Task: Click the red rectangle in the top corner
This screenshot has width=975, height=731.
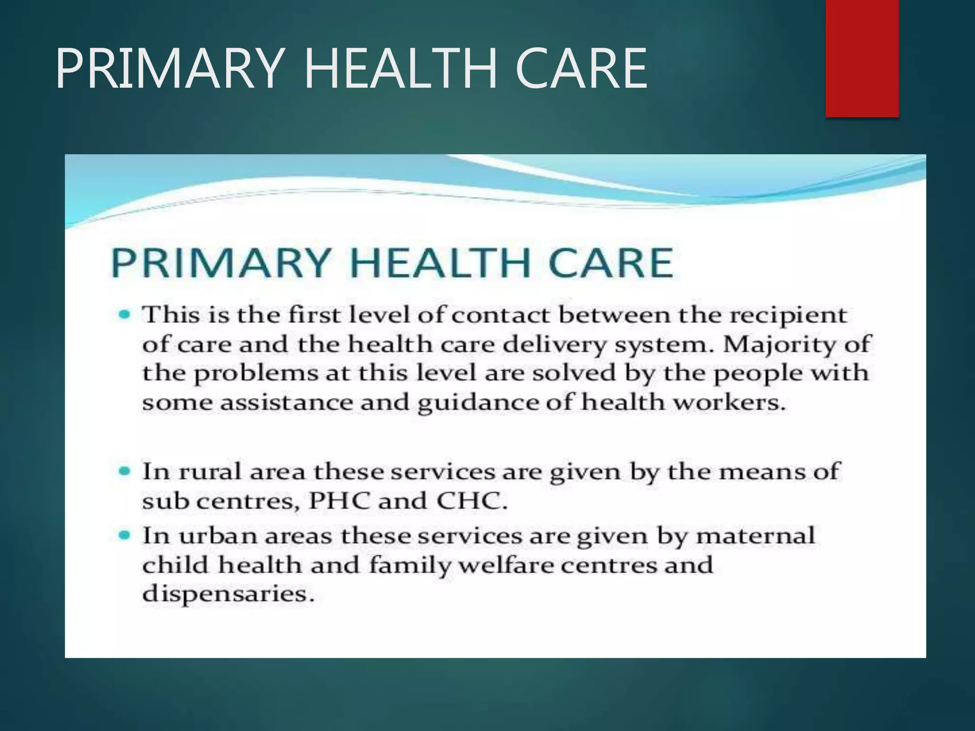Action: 862,58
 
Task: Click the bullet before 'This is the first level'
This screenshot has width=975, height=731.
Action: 124,315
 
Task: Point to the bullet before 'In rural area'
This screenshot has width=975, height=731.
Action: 124,471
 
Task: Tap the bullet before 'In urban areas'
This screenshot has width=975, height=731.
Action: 124,535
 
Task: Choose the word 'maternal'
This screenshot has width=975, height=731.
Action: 755,536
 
